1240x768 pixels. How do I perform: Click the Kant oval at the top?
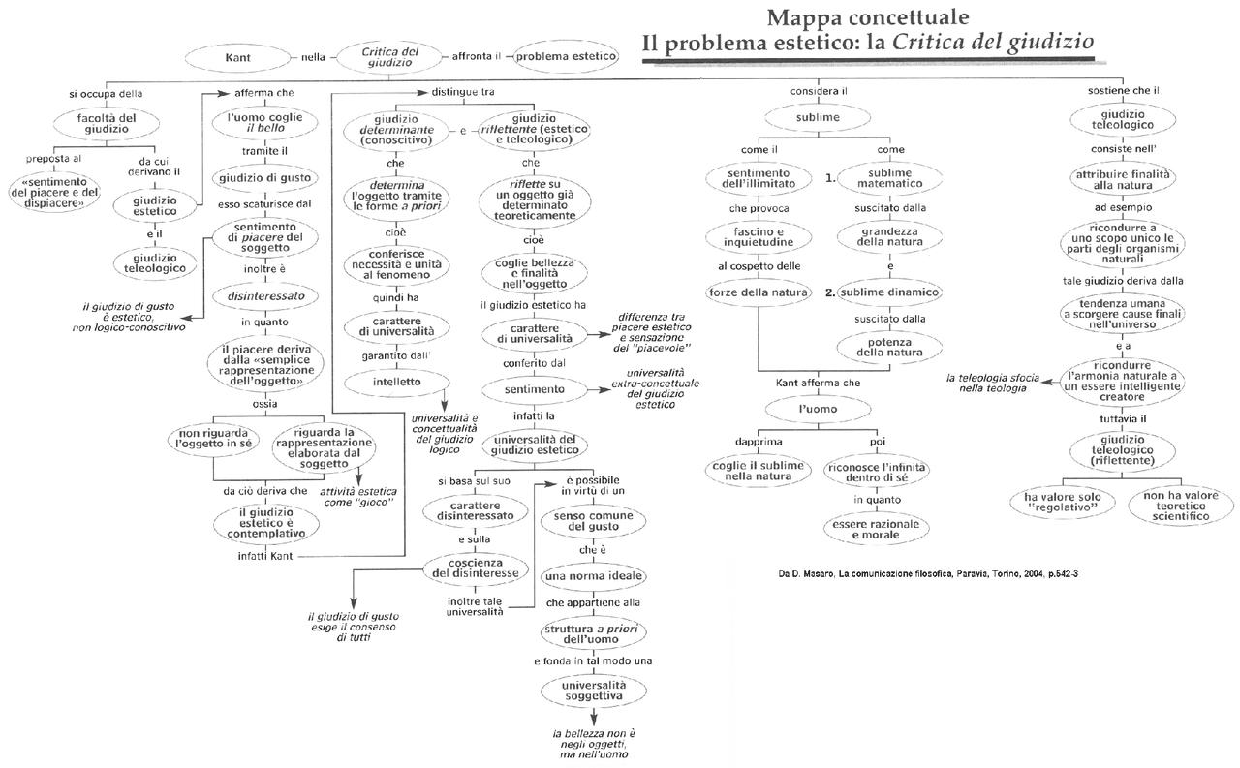coord(238,56)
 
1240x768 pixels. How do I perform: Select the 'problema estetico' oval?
coord(567,56)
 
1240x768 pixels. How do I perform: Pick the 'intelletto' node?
coord(396,382)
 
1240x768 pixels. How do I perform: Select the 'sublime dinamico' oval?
coord(889,292)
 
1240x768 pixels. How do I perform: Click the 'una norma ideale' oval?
coord(595,575)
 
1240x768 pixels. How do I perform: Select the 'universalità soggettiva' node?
coord(595,690)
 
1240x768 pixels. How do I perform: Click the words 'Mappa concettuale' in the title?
coord(867,17)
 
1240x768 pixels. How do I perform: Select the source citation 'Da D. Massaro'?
coord(928,573)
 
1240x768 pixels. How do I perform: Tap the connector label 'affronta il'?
coord(478,56)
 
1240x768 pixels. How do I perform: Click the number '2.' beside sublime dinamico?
coord(830,292)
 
